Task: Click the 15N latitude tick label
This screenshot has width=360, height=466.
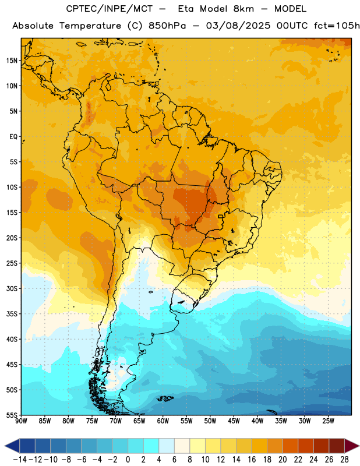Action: [x=12, y=61]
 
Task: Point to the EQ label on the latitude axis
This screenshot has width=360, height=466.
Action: [x=13, y=137]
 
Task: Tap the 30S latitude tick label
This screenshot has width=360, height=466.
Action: [x=12, y=288]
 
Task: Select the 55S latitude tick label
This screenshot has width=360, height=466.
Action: [x=12, y=415]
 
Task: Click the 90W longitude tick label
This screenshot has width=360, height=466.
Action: [x=21, y=421]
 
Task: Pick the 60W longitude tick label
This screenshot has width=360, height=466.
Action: [x=163, y=421]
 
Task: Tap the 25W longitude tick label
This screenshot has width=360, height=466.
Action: [x=328, y=421]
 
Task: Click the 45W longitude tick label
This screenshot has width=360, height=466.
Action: [x=234, y=421]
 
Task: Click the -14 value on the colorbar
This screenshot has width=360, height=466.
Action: [x=20, y=460]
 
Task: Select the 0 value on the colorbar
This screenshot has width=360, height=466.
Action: [x=128, y=460]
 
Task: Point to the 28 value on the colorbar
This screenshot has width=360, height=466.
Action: [x=344, y=460]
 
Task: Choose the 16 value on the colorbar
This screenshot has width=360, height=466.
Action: [x=252, y=460]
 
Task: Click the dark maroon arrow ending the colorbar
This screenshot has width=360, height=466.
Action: [x=352, y=446]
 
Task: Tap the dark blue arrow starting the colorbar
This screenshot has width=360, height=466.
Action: [x=12, y=446]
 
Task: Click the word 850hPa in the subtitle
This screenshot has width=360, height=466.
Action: [x=167, y=26]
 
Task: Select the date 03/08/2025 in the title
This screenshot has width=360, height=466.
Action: [x=238, y=26]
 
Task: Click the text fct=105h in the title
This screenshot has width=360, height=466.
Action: [x=337, y=26]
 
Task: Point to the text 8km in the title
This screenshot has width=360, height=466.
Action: [x=243, y=9]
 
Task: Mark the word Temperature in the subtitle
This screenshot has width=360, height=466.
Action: [x=90, y=26]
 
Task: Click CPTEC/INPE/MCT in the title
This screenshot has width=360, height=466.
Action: [x=110, y=9]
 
